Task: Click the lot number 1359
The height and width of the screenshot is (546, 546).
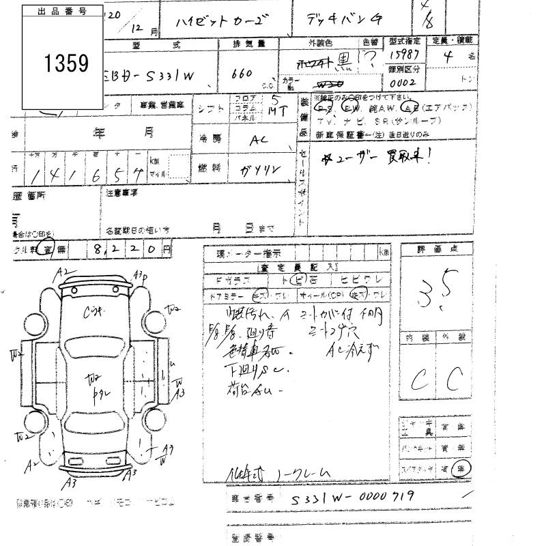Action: click(x=67, y=63)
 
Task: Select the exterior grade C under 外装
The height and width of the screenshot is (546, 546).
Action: click(x=454, y=377)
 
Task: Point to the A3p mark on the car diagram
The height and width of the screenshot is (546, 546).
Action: click(x=141, y=276)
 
